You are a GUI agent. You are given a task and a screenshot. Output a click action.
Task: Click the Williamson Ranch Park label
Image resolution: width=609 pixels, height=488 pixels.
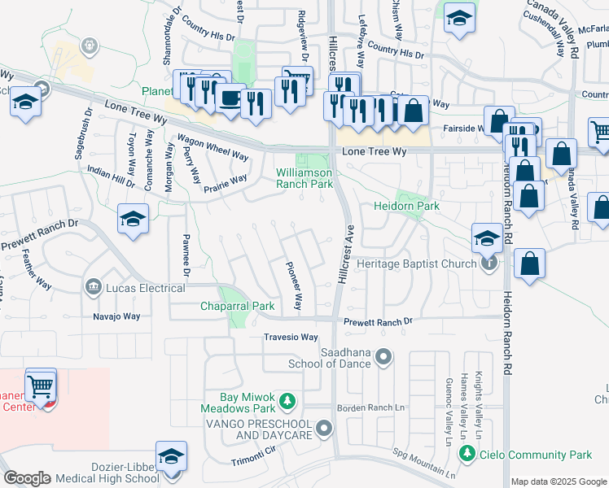click(x=304, y=178)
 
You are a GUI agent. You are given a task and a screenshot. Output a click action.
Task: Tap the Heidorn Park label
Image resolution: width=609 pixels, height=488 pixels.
click(x=406, y=207)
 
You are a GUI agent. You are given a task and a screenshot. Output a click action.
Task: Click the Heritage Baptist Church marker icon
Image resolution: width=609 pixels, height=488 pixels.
click(x=489, y=264)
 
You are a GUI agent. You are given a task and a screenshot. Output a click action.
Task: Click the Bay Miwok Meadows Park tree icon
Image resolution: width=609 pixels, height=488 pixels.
click(x=287, y=401)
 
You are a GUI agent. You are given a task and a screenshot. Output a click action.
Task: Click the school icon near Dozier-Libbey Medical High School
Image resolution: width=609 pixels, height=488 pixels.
click(x=171, y=456)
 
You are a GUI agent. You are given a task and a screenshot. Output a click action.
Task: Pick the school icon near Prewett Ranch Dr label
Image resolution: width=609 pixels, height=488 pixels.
click(x=133, y=219)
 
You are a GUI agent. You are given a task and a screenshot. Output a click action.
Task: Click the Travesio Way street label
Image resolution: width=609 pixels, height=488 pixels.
click(x=290, y=337)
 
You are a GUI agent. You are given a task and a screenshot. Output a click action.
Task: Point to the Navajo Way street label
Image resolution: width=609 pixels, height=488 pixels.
click(x=116, y=316)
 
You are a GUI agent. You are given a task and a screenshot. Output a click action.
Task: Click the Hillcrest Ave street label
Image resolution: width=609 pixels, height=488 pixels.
click(x=346, y=254)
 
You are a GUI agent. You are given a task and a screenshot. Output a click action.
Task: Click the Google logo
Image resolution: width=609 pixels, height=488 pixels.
click(x=28, y=477)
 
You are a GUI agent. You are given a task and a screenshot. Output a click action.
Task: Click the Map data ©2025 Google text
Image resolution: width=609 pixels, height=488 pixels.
click(x=559, y=481)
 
